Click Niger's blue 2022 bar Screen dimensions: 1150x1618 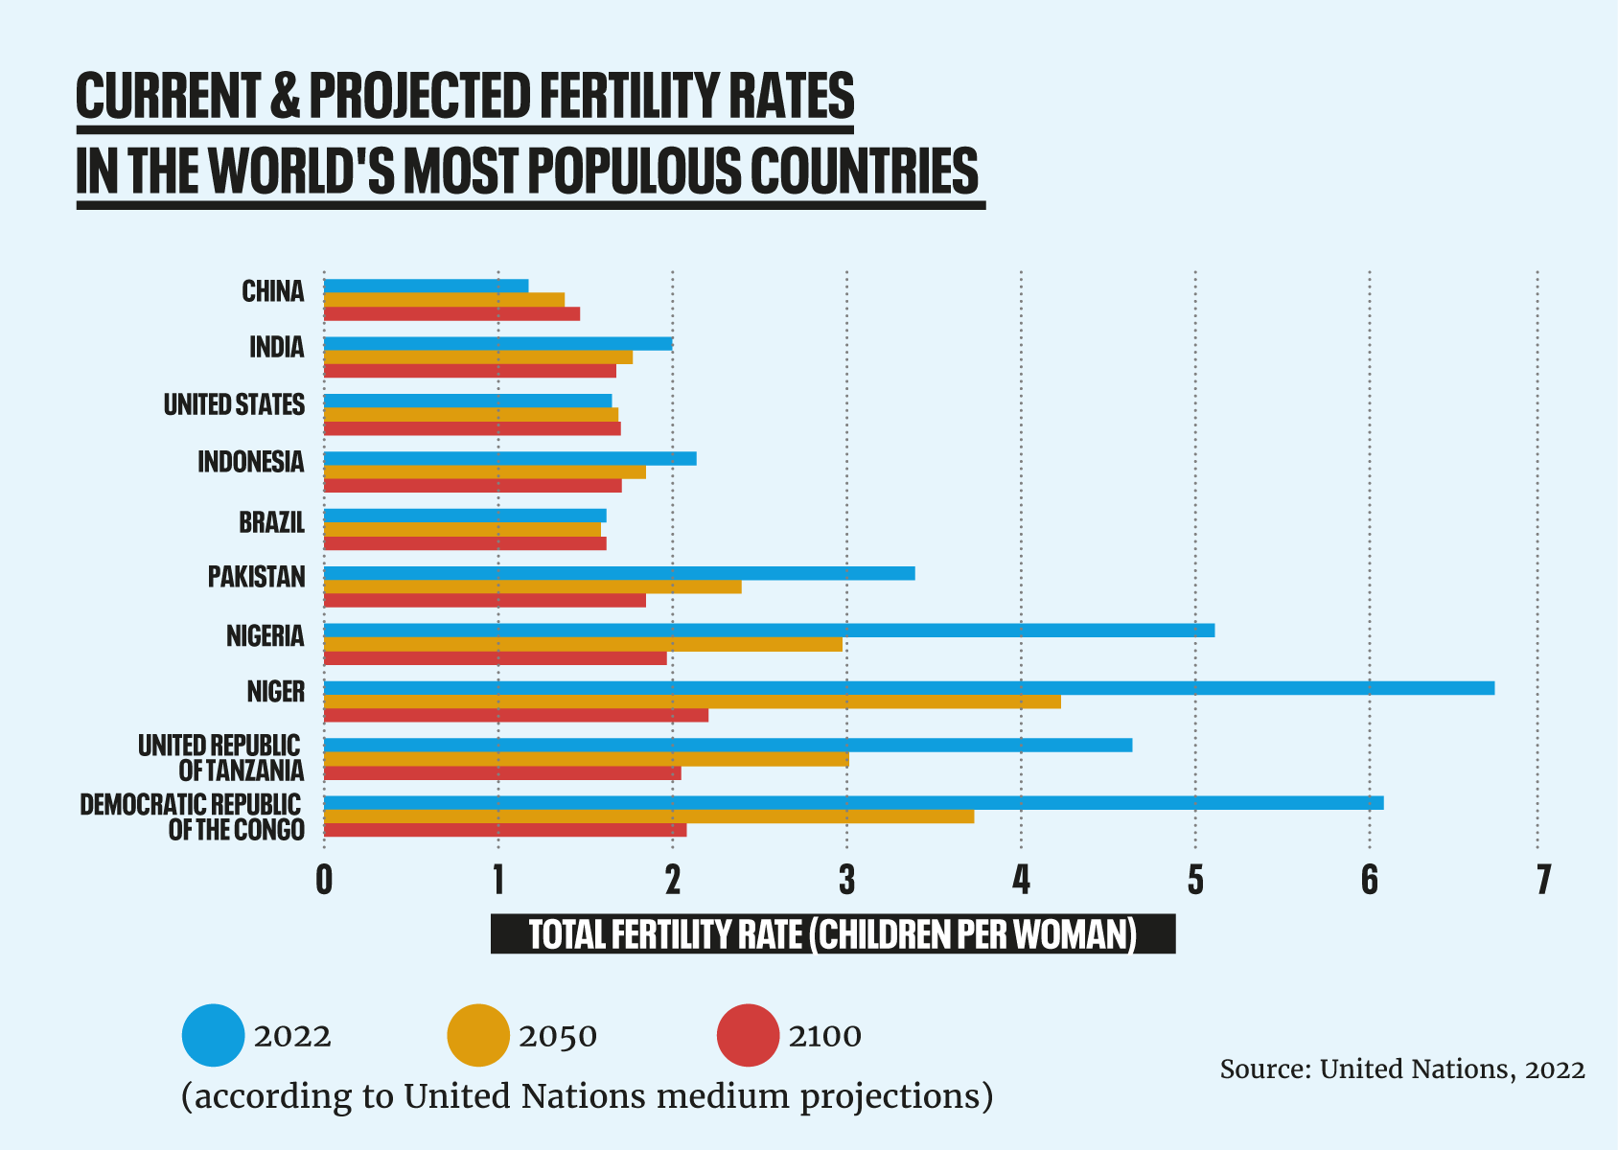point(909,688)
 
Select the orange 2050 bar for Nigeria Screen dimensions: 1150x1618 point(583,644)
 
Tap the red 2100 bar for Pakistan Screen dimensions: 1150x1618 point(484,601)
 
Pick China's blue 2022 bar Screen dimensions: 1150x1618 point(426,286)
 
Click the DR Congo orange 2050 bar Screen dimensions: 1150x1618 point(649,816)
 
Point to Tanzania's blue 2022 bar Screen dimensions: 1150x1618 point(728,746)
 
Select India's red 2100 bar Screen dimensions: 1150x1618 point(470,371)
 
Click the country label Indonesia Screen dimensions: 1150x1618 point(251,462)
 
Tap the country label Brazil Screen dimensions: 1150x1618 point(272,522)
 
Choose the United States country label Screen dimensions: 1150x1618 point(234,404)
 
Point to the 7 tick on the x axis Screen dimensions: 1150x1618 point(1542,880)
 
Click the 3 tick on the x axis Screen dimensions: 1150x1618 point(846,880)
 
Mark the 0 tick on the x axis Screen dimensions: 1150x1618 point(324,880)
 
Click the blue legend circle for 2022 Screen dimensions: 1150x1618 point(213,1035)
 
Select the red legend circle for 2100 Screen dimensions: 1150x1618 point(748,1035)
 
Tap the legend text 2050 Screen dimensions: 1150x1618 point(558,1036)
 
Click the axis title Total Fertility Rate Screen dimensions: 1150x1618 point(832,933)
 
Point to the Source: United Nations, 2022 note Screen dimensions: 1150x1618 point(1401,1069)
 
